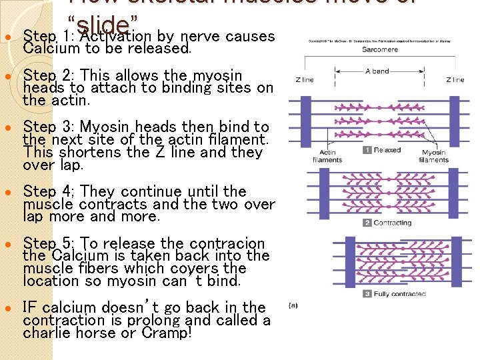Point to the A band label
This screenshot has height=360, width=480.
pos(377,71)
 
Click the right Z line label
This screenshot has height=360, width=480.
pos(455,80)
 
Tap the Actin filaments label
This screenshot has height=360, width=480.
pos(328,157)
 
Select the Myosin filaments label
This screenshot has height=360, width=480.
pos(434,157)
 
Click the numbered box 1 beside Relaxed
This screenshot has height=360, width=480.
pos(367,150)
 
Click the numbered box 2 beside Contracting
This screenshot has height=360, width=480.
pos(367,223)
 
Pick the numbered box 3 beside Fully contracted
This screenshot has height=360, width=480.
pos(367,293)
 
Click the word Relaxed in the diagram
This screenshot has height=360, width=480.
pos(387,150)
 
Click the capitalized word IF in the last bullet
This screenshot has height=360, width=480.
pos(30,307)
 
